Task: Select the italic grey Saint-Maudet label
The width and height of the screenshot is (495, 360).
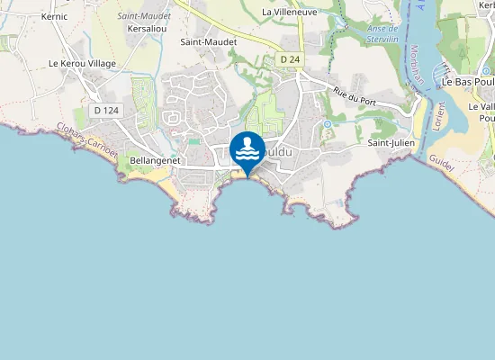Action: [144, 16]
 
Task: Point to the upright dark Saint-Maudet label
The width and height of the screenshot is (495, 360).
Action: [209, 41]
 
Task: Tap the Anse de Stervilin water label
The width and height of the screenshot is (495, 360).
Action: [382, 33]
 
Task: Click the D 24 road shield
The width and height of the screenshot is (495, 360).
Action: [289, 59]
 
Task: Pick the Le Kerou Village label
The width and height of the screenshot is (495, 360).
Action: [82, 64]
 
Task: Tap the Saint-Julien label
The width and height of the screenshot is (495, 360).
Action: [390, 142]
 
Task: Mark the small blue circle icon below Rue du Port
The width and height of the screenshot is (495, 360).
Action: [328, 123]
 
